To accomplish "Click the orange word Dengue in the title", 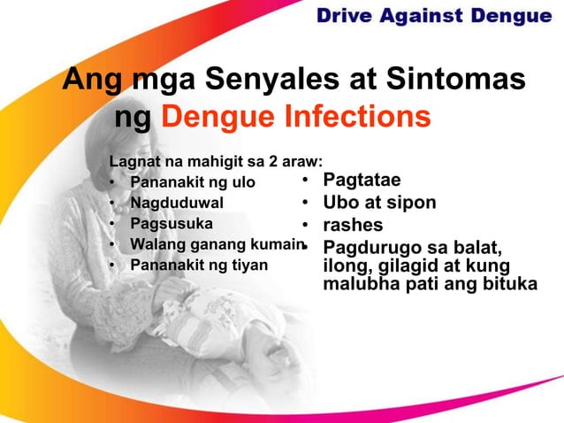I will [211, 118].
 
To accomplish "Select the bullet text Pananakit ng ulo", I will [193, 183].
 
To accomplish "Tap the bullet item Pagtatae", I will [362, 181].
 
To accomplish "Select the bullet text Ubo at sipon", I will [379, 203].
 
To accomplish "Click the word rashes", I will [353, 225].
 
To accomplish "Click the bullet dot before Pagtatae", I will [301, 181].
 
